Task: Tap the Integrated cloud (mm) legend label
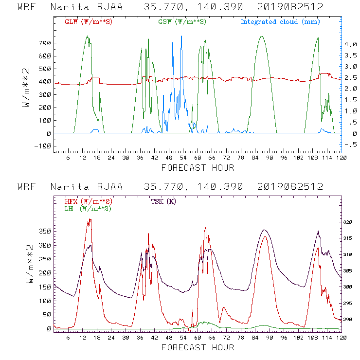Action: (x=280, y=22)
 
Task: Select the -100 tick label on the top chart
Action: (x=42, y=146)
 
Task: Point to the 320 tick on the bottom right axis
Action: (x=347, y=222)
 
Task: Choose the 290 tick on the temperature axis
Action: (x=347, y=320)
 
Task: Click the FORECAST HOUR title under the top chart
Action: (x=198, y=168)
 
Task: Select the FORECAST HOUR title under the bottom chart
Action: (x=198, y=347)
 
